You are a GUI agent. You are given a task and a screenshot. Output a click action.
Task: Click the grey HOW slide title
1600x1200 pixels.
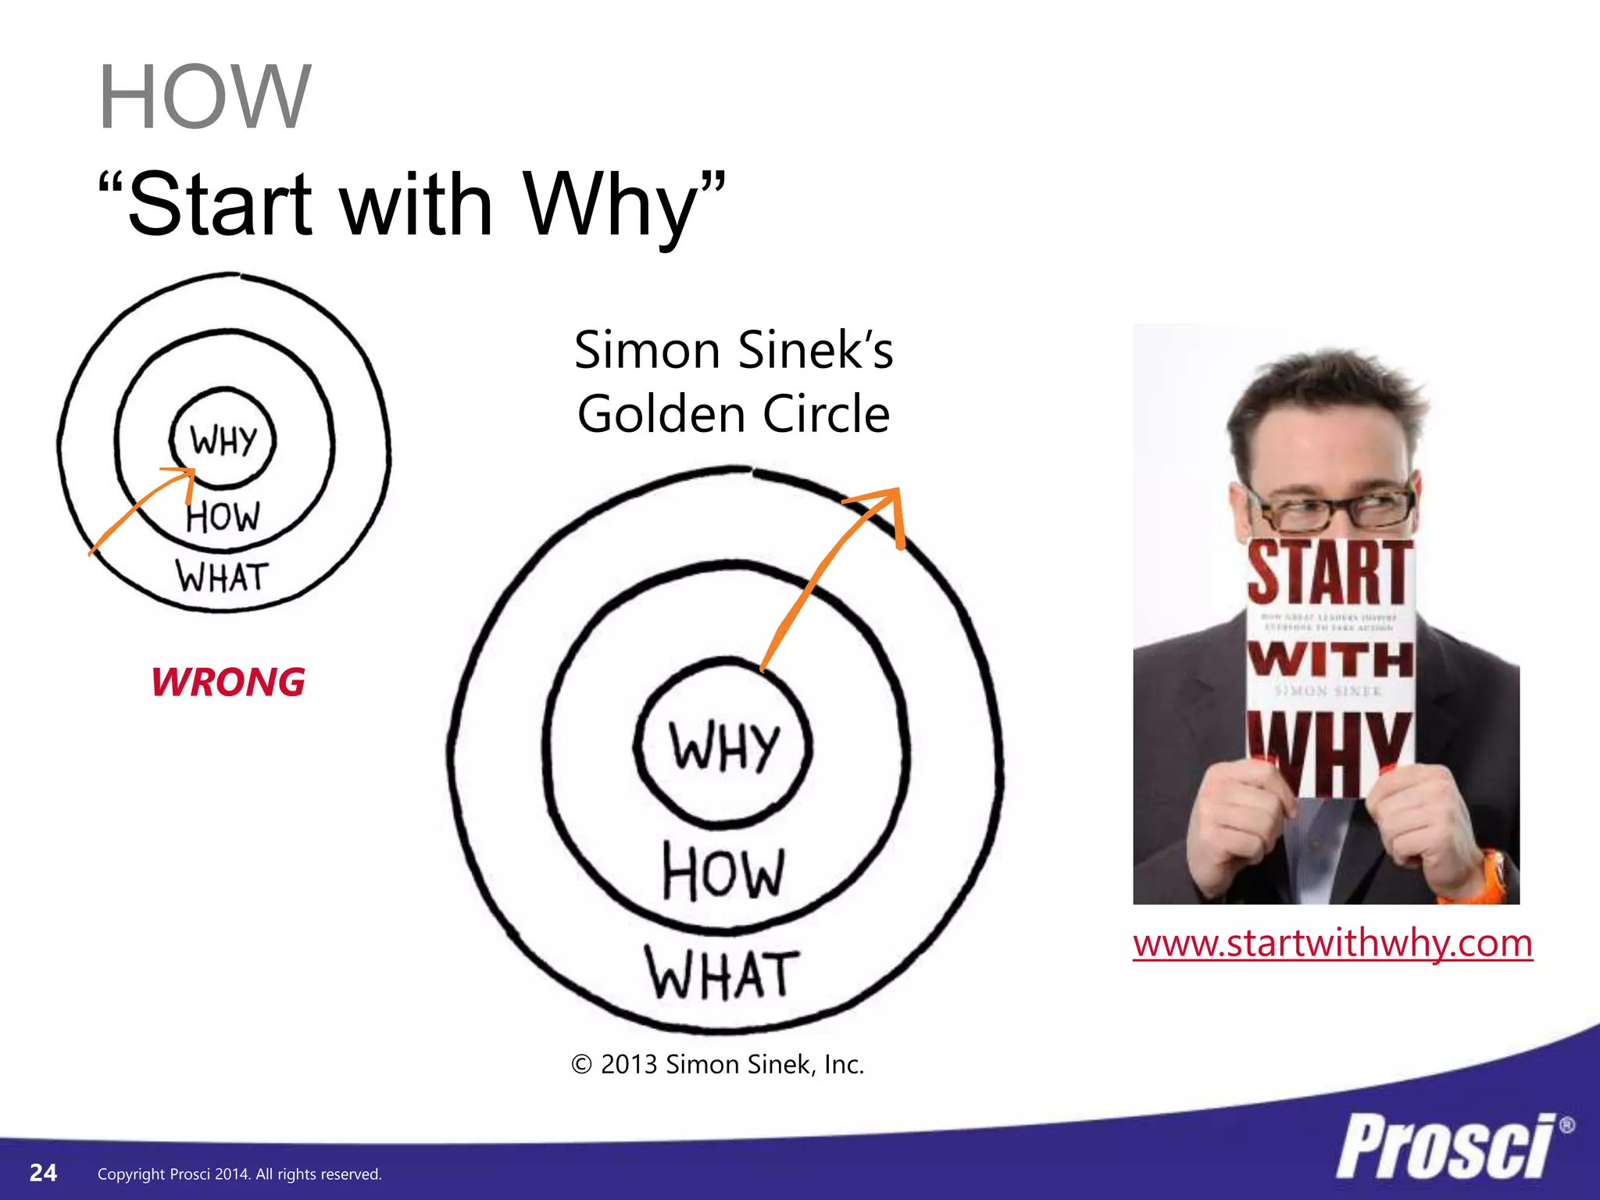click(205, 98)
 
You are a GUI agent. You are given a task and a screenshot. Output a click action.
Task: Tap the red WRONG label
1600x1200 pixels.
click(228, 682)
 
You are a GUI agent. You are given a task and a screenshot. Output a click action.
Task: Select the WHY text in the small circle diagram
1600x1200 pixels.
click(223, 440)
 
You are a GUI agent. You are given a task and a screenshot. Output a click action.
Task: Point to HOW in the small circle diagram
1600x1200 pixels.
click(223, 516)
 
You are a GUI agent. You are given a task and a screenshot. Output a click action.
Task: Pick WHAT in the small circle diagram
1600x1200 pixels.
click(223, 577)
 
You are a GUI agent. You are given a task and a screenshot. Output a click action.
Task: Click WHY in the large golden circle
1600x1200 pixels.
click(724, 746)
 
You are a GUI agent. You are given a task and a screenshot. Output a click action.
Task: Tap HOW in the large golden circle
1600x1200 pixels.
click(723, 872)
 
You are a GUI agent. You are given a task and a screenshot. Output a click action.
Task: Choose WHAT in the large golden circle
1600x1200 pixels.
click(722, 974)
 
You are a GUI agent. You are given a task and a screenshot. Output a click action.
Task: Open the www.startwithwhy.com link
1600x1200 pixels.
click(1332, 943)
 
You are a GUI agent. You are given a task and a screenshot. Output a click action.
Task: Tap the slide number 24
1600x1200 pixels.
click(43, 1173)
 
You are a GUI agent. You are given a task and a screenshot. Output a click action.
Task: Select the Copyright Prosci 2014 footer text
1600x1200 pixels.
click(239, 1174)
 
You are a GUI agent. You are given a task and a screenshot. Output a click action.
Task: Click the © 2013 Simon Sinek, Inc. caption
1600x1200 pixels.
click(718, 1065)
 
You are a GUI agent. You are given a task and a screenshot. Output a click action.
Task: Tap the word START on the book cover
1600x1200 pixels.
click(1330, 572)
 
